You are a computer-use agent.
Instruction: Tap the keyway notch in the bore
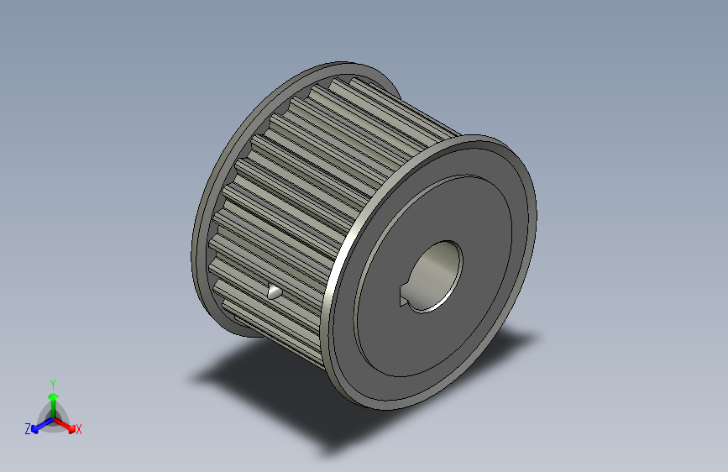[404, 297]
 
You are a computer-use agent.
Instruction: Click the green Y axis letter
[53, 383]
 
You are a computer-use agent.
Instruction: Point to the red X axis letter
[79, 429]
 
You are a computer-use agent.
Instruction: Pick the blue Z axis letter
[28, 428]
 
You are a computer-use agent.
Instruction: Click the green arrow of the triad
[53, 400]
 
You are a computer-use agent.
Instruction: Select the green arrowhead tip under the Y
[53, 391]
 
